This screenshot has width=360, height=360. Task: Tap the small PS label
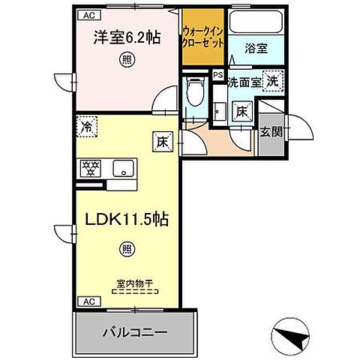[217, 74]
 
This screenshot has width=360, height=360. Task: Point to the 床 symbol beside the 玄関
[243, 111]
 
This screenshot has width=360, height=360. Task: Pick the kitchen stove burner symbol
[89, 169]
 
